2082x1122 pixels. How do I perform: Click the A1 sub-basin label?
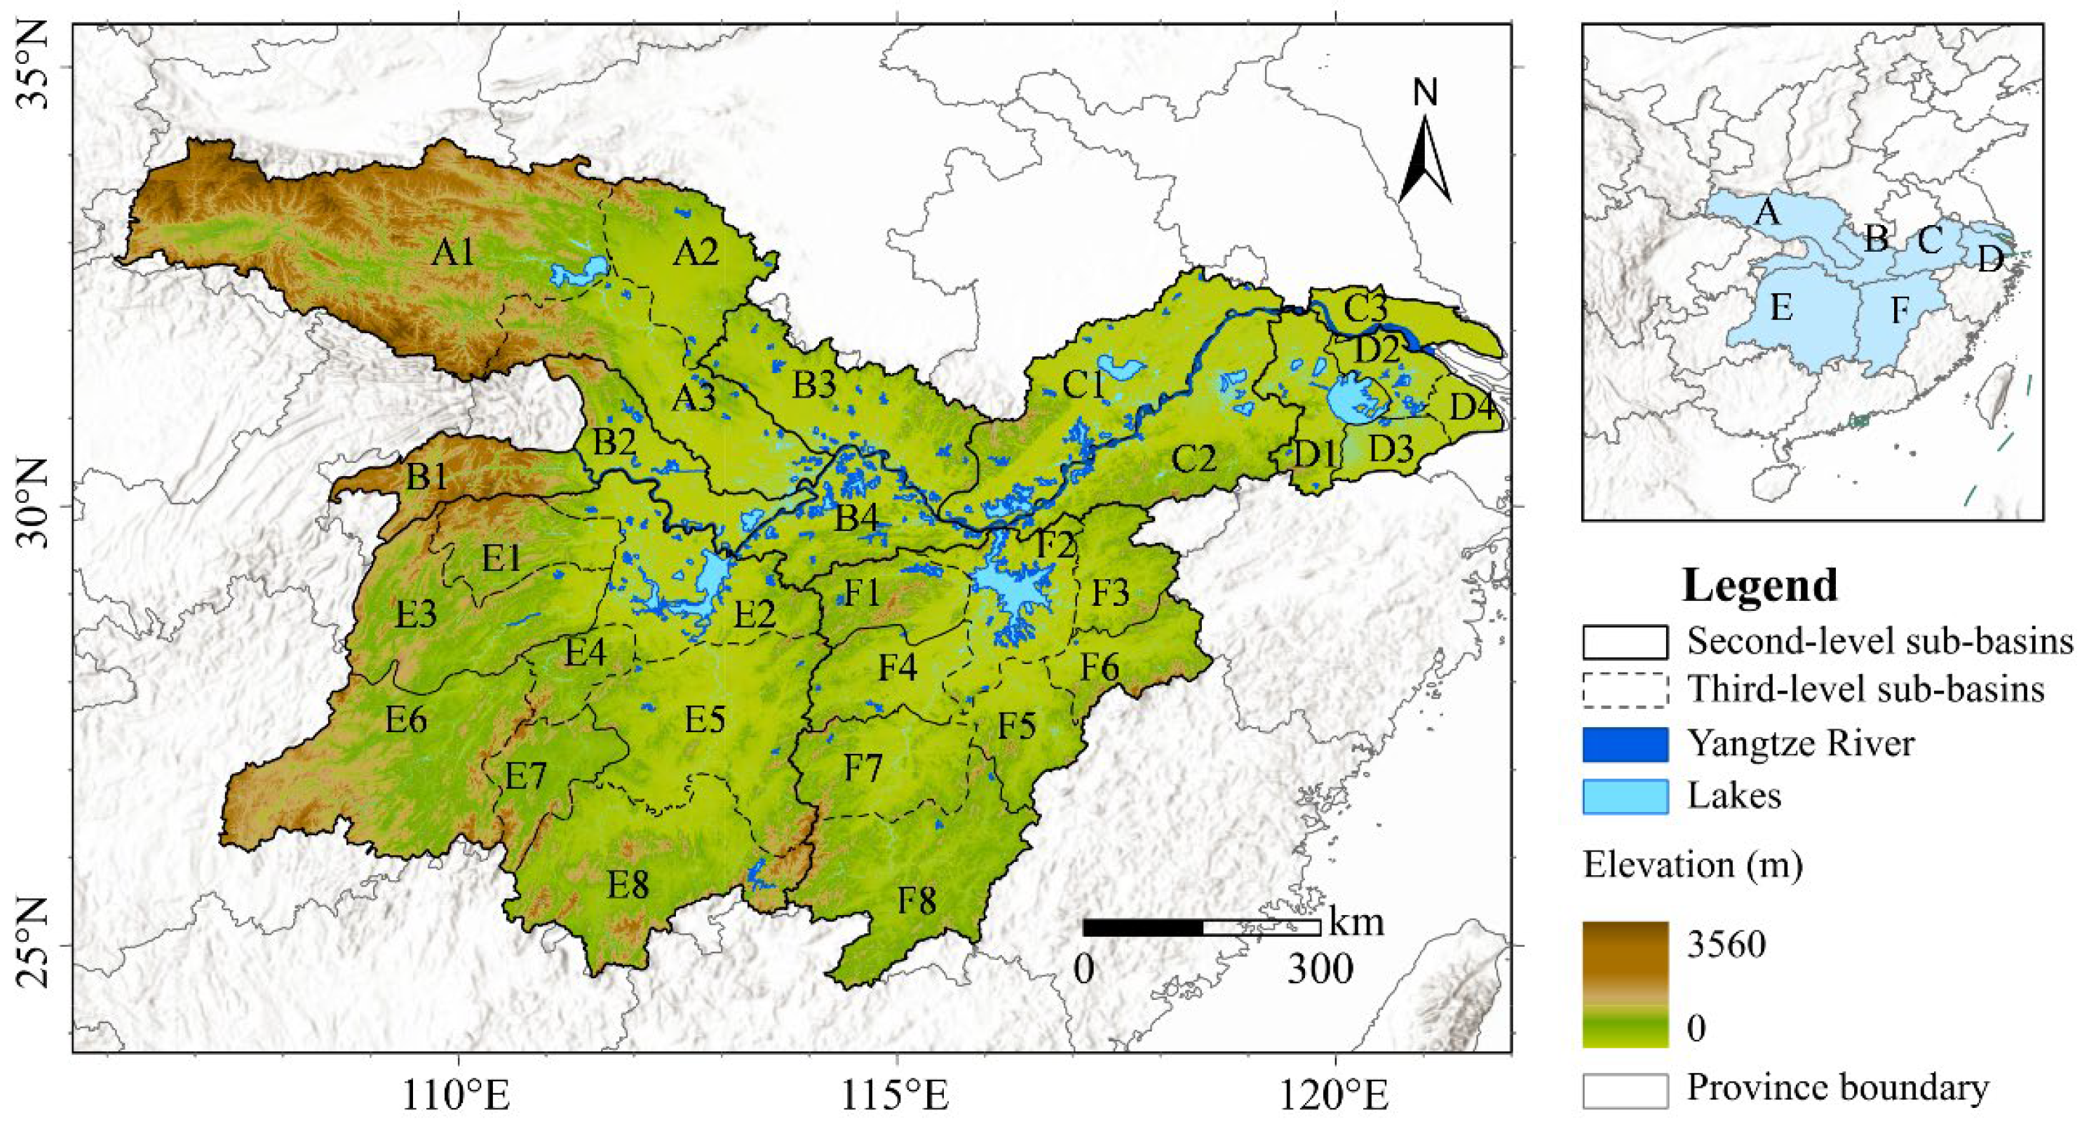click(x=452, y=253)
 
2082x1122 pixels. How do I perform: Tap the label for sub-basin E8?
click(x=628, y=886)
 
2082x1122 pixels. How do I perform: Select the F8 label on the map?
click(x=917, y=900)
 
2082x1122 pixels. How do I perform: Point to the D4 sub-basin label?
click(x=1473, y=407)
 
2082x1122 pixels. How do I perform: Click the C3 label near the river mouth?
click(x=1365, y=309)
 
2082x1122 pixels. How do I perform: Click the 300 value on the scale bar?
click(x=1320, y=969)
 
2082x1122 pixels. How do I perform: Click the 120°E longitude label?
click(x=1335, y=1096)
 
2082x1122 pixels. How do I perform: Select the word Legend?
click(x=1759, y=586)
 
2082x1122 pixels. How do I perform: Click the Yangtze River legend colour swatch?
click(x=1625, y=744)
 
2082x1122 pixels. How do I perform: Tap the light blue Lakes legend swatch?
click(x=1625, y=796)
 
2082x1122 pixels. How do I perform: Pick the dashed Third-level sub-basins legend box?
click(x=1625, y=690)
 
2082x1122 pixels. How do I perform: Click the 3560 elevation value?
click(x=1726, y=943)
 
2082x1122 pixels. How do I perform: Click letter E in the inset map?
click(x=1781, y=308)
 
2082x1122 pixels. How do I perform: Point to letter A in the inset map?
click(x=1768, y=212)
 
